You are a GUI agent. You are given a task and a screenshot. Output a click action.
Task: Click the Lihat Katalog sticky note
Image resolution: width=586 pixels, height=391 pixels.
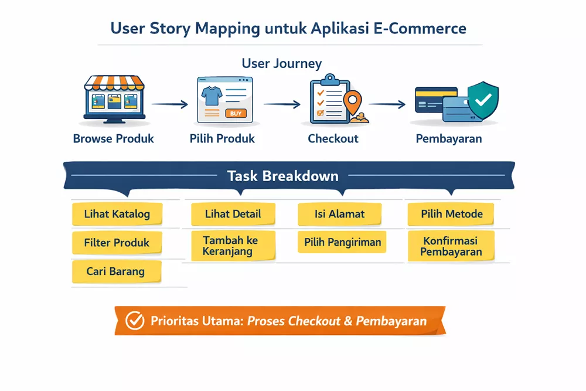point(117,215)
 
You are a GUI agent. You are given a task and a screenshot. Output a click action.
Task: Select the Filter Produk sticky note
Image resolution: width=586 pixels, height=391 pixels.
point(117,243)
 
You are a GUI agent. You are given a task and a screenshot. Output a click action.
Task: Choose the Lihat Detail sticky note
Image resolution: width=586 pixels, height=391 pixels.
point(233,214)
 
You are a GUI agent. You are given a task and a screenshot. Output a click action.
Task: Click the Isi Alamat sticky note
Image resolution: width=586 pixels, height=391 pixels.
point(339,214)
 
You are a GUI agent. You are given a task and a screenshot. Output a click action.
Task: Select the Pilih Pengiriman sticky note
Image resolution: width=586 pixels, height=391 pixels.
point(342,242)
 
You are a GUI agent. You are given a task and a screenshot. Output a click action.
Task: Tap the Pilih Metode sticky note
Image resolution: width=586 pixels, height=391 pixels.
point(451,214)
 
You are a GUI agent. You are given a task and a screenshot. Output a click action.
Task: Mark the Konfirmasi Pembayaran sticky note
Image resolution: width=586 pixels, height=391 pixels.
point(451,247)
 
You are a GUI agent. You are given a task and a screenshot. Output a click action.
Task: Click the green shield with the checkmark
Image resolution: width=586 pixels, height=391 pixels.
point(483,100)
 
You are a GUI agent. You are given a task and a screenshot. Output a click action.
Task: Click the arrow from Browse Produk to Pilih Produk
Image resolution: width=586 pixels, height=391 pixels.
point(169,104)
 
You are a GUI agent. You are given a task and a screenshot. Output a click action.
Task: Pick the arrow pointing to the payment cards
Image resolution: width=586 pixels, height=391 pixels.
point(387,104)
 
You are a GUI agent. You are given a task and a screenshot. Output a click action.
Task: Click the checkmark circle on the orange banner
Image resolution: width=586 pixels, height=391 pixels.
point(135,321)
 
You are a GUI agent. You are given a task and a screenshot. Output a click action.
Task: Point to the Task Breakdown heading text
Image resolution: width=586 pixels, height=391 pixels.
point(282,176)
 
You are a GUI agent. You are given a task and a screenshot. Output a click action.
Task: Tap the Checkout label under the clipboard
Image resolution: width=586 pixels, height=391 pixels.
point(333,139)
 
